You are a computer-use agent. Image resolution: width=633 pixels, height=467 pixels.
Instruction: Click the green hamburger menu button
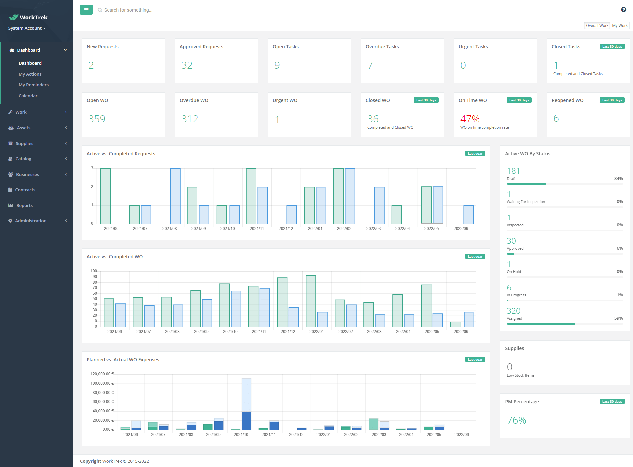(x=86, y=10)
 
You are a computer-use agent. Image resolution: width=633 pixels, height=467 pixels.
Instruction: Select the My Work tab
(x=620, y=26)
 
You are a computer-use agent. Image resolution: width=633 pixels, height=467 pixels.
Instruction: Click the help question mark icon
(x=624, y=10)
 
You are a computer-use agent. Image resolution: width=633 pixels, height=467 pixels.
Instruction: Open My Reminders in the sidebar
(x=34, y=85)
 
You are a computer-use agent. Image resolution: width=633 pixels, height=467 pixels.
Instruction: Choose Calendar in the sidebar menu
(x=28, y=96)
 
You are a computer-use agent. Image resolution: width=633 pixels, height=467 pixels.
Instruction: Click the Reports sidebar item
(x=24, y=205)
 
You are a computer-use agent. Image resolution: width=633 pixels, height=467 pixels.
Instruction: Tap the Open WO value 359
(x=97, y=119)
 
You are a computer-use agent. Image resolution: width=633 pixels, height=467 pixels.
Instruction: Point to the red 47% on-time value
(x=470, y=119)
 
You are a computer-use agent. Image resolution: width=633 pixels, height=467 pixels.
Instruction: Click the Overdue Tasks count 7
(x=370, y=65)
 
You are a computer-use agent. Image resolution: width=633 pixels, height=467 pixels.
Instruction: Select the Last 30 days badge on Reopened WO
(x=612, y=100)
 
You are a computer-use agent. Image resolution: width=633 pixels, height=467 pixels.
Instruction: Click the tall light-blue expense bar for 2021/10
(x=246, y=395)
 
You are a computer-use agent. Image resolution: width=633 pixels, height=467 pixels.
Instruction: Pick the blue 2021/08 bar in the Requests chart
(x=175, y=196)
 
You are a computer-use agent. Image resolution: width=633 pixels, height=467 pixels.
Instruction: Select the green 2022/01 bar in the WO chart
(x=311, y=301)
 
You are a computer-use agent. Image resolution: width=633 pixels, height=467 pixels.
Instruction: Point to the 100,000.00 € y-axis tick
(x=102, y=383)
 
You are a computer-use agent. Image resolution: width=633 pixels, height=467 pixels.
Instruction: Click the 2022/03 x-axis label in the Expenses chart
(x=379, y=435)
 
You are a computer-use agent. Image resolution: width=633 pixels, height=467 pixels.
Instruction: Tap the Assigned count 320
(x=513, y=311)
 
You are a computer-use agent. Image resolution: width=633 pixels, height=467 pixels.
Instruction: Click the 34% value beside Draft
(x=618, y=179)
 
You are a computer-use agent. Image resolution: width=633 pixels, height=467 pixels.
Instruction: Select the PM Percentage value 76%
(x=516, y=420)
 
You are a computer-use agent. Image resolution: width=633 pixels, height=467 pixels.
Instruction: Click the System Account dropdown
(x=27, y=28)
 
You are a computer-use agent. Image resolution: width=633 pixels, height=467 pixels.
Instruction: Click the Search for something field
(x=128, y=10)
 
